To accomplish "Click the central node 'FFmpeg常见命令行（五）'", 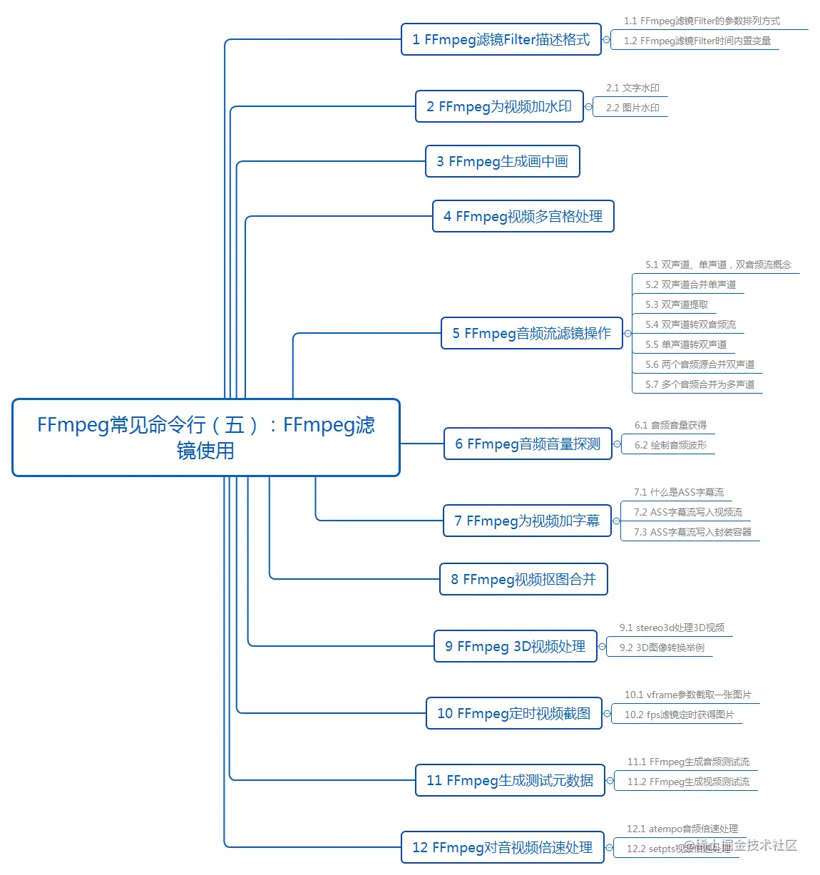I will [205, 437].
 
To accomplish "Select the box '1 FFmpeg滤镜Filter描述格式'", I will [501, 40].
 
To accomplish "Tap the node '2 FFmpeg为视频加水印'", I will [499, 107].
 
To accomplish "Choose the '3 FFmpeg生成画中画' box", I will [502, 162].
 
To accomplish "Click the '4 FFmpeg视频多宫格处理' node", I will [523, 217].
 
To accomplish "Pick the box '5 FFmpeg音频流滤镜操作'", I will [531, 334].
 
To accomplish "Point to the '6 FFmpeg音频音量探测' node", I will [528, 444].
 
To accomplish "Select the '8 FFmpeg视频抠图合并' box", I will [523, 580].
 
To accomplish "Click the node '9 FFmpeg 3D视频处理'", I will [515, 647].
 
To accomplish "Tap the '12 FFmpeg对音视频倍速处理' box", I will [502, 848].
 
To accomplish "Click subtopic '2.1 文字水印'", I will [632, 88].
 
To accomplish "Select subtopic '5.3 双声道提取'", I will [677, 305].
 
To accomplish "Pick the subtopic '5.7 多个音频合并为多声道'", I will [699, 385].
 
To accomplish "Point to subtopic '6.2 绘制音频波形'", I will [670, 446].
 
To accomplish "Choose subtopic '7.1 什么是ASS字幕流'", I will [678, 493].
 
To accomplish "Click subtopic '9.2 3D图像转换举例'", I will [662, 648].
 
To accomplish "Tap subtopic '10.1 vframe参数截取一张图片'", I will [687, 695].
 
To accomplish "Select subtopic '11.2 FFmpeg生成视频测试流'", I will [688, 782].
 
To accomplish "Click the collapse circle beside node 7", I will [617, 521].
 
